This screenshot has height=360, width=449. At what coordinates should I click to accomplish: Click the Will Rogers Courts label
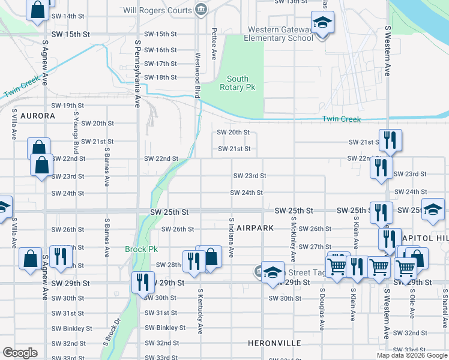(157, 10)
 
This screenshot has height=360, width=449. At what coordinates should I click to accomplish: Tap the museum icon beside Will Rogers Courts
(200, 10)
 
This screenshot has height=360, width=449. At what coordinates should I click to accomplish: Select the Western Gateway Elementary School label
(279, 34)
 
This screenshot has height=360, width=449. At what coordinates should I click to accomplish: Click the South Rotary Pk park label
(238, 83)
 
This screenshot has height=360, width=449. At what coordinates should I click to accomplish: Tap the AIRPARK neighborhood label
(255, 228)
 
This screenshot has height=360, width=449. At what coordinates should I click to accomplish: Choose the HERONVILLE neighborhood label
(274, 344)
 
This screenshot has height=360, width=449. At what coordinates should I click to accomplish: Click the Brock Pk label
(141, 249)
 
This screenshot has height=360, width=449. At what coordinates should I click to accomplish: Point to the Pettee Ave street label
(214, 43)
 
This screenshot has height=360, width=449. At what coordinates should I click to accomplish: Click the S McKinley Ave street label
(293, 239)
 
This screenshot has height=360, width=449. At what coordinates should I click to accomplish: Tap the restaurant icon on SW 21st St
(390, 140)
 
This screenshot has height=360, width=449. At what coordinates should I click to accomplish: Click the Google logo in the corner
(20, 353)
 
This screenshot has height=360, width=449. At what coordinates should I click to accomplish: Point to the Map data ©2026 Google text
(411, 355)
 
